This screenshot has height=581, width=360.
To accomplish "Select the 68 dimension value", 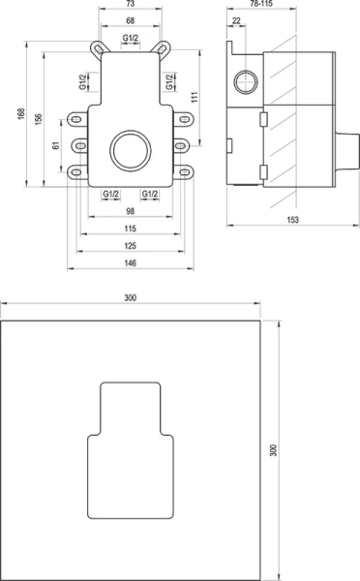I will pyautogui.click(x=129, y=22).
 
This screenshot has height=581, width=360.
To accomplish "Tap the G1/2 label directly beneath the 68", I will pyautogui.click(x=129, y=38).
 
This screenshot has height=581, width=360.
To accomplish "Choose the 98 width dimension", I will pyautogui.click(x=129, y=210).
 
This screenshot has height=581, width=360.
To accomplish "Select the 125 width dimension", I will pyautogui.click(x=129, y=246).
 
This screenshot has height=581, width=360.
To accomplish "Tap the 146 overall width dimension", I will pyautogui.click(x=129, y=263).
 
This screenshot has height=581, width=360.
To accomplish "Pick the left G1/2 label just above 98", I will pyautogui.click(x=109, y=194).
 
